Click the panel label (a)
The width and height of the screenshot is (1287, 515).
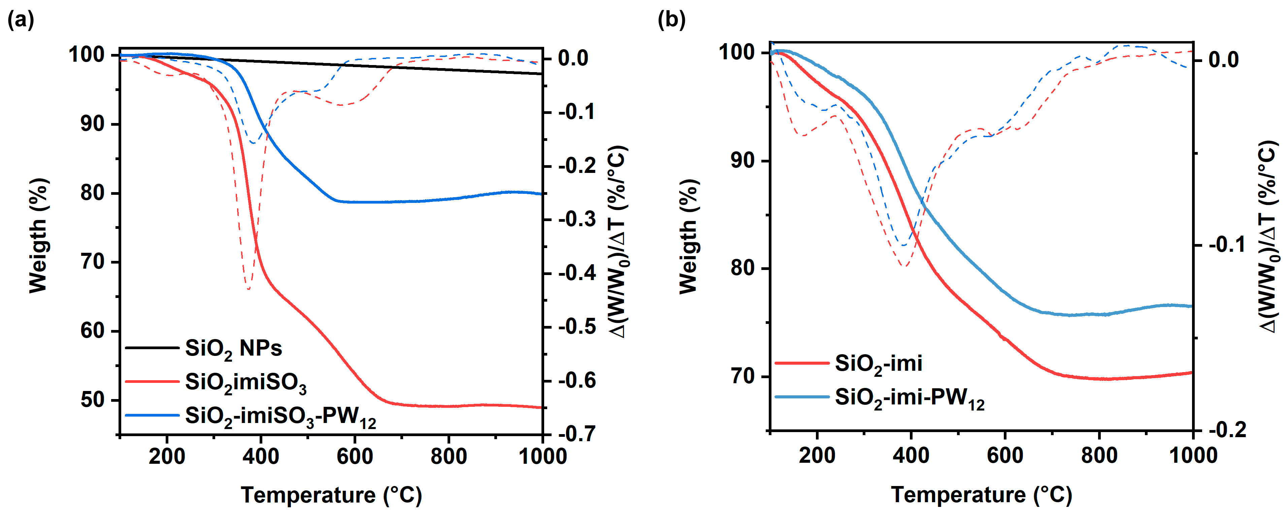21,20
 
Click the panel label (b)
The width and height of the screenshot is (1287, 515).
671,20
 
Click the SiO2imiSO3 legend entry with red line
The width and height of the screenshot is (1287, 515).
245,383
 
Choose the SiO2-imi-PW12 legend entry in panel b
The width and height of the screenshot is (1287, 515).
909,398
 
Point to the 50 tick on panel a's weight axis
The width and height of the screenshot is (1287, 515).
93,400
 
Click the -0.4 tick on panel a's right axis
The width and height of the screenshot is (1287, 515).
577,273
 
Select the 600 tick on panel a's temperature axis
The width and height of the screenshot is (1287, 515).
355,456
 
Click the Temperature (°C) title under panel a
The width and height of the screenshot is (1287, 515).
331,495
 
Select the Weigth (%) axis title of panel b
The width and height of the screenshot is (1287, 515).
689,237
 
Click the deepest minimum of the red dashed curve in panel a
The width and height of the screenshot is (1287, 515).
248,289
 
